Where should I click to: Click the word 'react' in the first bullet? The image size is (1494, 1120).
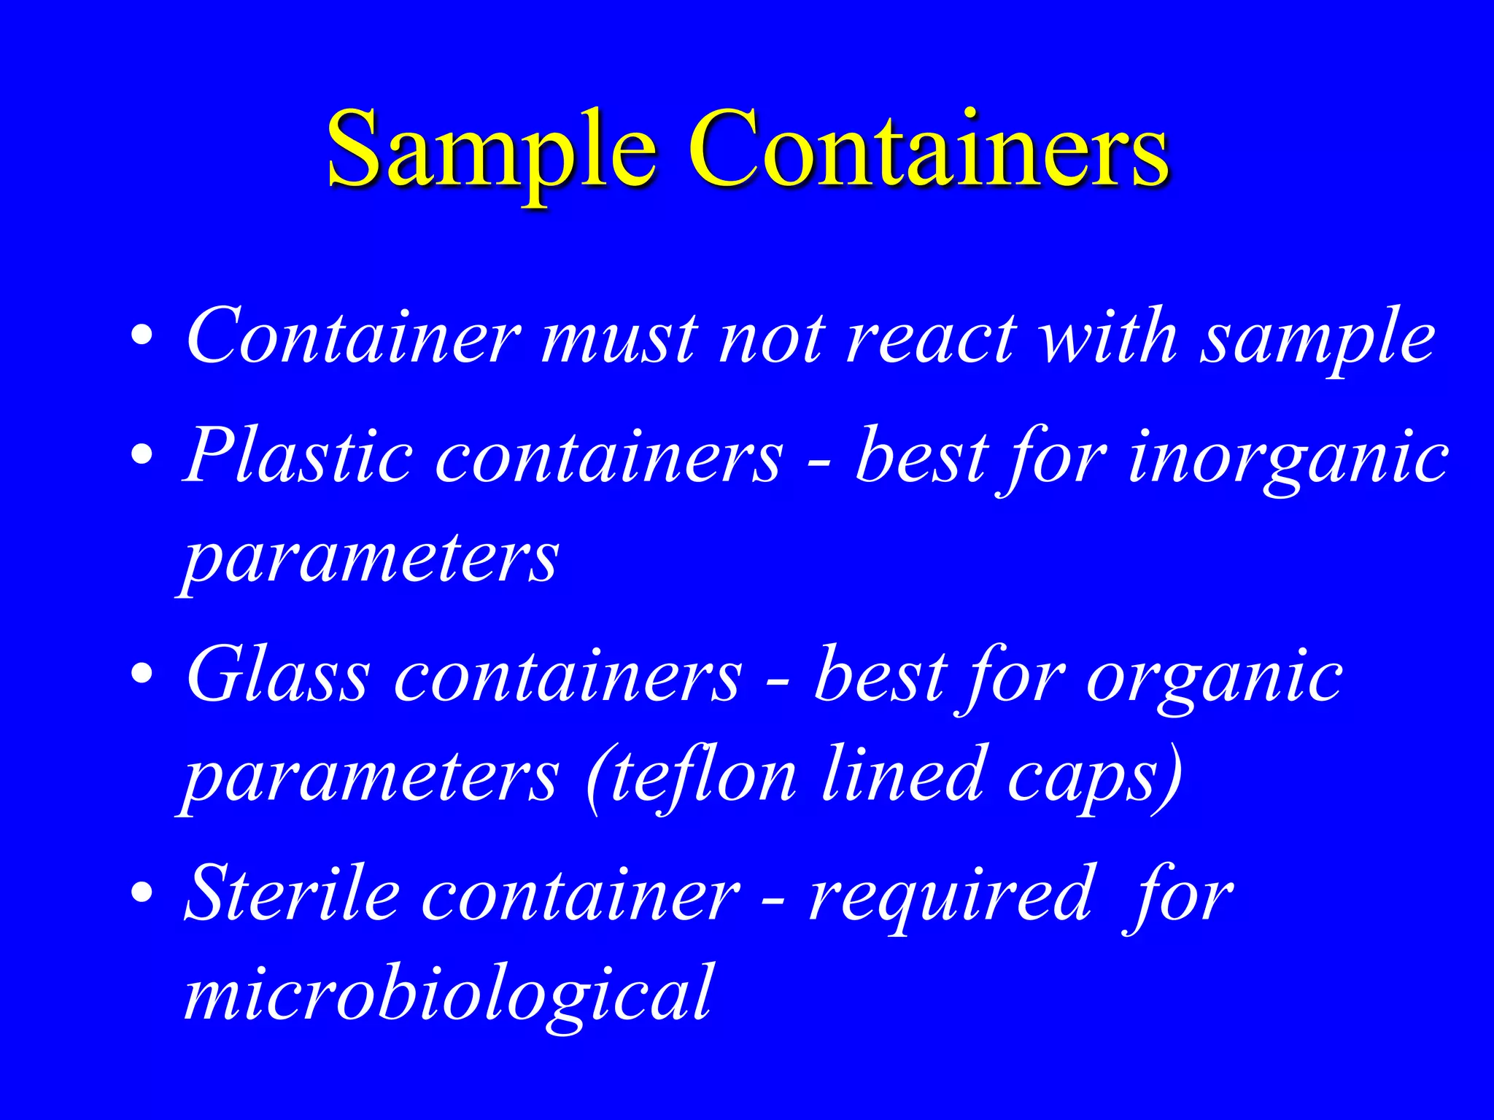[930, 338]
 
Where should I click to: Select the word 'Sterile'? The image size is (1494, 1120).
[292, 893]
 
